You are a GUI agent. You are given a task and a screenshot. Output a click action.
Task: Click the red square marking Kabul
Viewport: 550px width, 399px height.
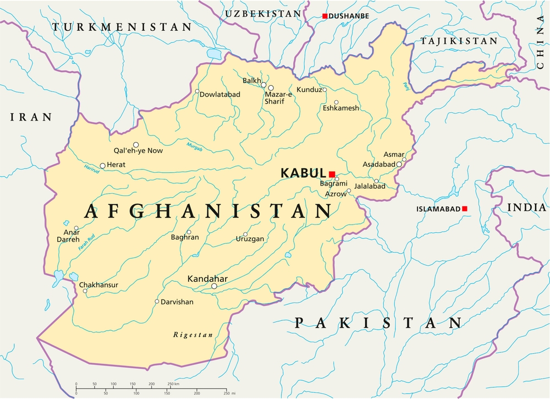[332, 174]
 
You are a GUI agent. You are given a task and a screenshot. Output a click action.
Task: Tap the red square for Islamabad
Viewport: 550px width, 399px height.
[465, 209]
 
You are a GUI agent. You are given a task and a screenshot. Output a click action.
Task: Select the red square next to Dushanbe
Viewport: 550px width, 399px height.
[325, 16]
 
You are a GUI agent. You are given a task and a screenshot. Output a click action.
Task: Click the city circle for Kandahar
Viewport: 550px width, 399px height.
[215, 286]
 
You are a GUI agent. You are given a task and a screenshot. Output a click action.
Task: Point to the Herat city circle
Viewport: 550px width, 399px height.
[102, 166]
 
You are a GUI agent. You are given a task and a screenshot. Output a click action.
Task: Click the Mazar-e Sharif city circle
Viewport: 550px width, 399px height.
[271, 88]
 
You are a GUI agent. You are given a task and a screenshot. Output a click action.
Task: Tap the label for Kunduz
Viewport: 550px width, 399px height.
[309, 90]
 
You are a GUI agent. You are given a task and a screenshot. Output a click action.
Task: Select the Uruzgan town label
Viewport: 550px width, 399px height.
[250, 239]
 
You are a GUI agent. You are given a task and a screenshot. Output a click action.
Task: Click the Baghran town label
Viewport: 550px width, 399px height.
[185, 238]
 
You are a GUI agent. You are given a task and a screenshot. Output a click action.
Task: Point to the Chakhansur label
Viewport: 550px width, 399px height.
[98, 285]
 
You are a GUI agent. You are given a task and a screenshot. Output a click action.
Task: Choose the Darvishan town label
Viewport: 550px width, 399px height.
[178, 302]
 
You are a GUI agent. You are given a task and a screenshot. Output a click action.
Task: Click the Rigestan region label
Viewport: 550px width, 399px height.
[193, 335]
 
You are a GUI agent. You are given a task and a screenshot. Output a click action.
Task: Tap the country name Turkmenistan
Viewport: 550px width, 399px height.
[122, 26]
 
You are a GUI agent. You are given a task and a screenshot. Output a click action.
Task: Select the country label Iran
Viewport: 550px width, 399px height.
[31, 117]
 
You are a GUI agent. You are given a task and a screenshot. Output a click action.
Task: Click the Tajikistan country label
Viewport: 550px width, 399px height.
[459, 41]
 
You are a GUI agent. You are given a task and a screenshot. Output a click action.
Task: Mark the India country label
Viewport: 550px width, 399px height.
[526, 207]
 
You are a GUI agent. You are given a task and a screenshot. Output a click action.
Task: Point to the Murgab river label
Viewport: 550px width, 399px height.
[195, 146]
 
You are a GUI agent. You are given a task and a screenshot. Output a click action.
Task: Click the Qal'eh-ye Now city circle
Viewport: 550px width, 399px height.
[136, 145]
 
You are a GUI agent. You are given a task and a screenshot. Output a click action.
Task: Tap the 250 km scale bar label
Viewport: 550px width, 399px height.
[173, 384]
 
